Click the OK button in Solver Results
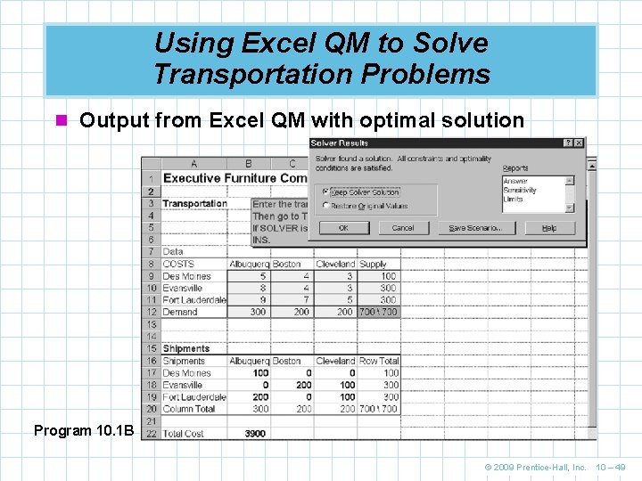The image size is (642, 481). [x=343, y=228]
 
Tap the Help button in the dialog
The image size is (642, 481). [x=548, y=228]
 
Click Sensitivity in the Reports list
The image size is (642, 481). [x=521, y=191]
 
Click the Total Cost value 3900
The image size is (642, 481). [x=254, y=434]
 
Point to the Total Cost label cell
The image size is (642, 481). [x=184, y=434]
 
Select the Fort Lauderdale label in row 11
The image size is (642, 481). [x=194, y=300]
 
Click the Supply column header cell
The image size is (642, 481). [x=373, y=265]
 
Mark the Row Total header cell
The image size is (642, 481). [x=379, y=362]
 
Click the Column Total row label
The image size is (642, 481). [x=189, y=409]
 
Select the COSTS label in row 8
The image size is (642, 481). [x=178, y=265]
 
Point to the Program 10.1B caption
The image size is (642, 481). [x=84, y=431]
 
